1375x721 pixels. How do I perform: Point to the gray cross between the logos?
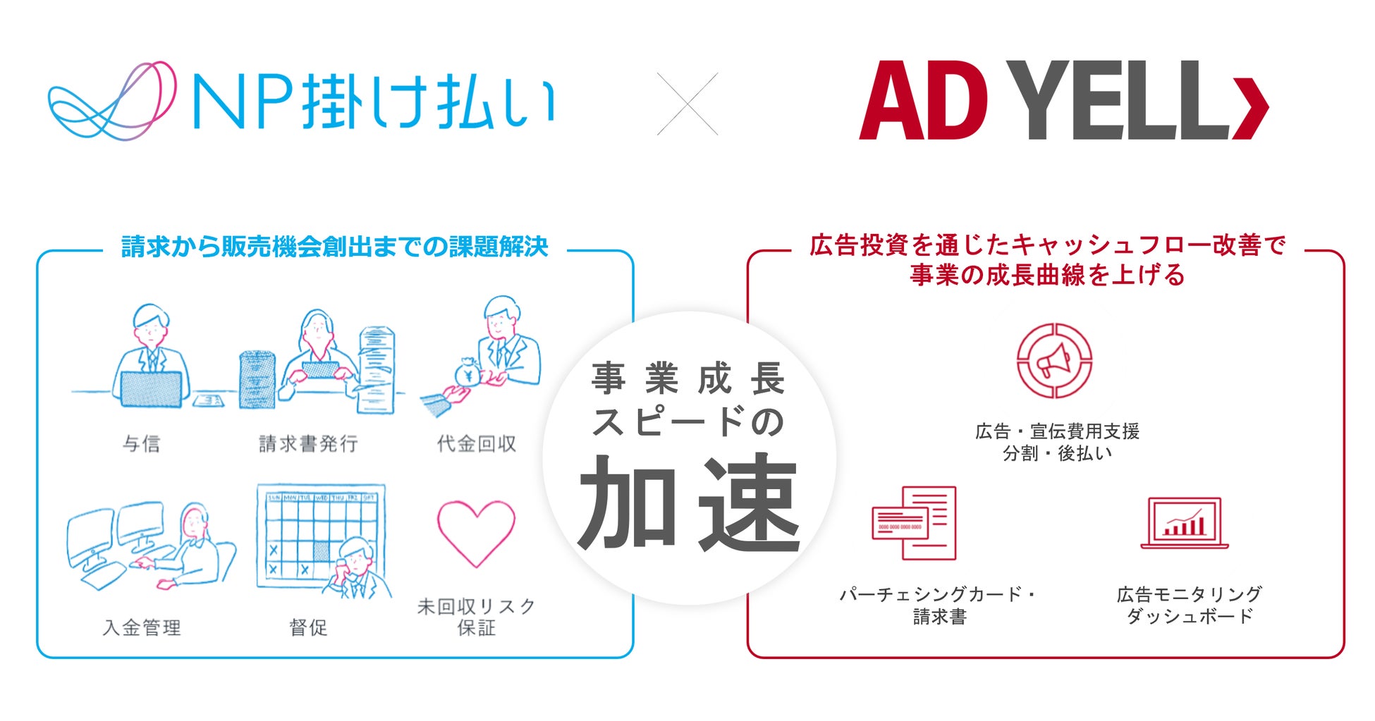pyautogui.click(x=687, y=104)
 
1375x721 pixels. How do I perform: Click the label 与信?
pyautogui.click(x=142, y=444)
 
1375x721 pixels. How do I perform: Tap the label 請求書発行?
pyautogui.click(x=308, y=444)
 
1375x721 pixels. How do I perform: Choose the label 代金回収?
pyautogui.click(x=477, y=444)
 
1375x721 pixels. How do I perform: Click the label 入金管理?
pyautogui.click(x=142, y=627)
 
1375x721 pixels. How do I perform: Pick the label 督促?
pyautogui.click(x=308, y=627)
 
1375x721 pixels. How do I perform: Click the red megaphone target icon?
pyautogui.click(x=1054, y=361)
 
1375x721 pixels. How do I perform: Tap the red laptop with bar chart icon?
pyautogui.click(x=1185, y=524)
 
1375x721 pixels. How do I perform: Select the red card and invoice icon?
pyautogui.click(x=915, y=522)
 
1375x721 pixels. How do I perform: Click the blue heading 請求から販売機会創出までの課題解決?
pyautogui.click(x=335, y=247)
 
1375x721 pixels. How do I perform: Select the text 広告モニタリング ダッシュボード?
pyautogui.click(x=1189, y=605)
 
